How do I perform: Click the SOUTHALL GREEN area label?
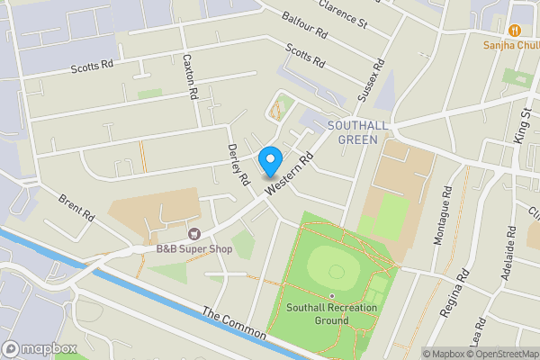(358, 131)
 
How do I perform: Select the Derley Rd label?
(238, 164)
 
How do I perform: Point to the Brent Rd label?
(76, 208)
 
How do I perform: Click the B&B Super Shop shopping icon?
(191, 233)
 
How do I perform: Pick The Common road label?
(234, 324)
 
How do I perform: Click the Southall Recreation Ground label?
(330, 313)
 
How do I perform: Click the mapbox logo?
(40, 348)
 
